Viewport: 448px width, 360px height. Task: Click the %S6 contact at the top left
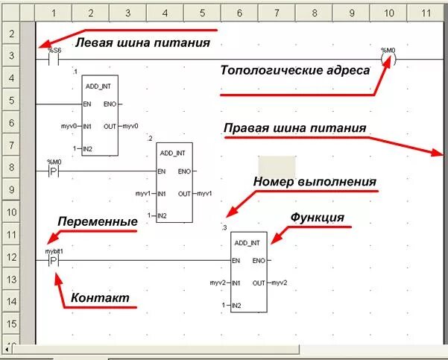tap(54, 59)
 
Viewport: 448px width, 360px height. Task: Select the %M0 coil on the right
tap(388, 59)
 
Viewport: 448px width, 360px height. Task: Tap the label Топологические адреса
tap(294, 71)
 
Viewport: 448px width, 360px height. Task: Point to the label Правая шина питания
tap(295, 127)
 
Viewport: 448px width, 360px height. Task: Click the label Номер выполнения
tap(315, 181)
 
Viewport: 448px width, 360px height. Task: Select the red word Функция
tap(317, 218)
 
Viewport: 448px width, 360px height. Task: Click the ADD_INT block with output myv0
tap(100, 116)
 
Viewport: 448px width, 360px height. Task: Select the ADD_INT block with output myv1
tap(174, 183)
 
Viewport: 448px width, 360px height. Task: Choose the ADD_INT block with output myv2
tap(248, 272)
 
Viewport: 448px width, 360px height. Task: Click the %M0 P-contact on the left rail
tap(54, 171)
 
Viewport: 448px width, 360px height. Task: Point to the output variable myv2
tap(279, 283)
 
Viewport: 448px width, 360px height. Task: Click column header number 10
tap(388, 13)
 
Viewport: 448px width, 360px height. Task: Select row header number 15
tap(10, 324)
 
